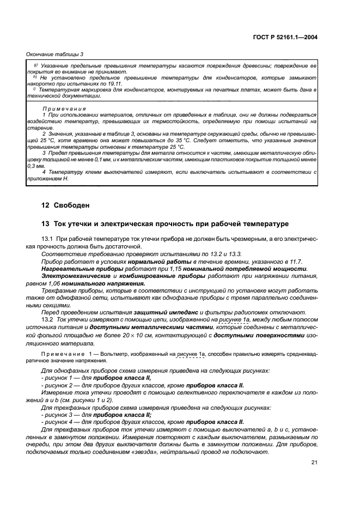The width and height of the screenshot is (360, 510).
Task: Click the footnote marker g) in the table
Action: click(x=35, y=65)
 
